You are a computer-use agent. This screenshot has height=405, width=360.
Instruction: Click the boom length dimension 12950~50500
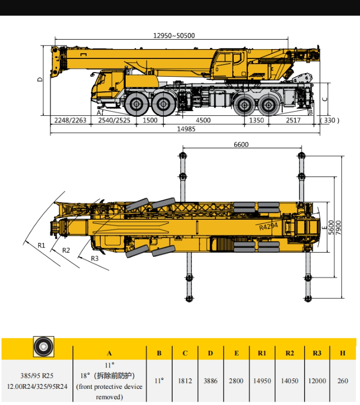tap(174, 35)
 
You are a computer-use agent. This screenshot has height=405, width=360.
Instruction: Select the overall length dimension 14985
tap(186, 129)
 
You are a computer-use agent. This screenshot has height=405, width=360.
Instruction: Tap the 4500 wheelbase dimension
tap(203, 121)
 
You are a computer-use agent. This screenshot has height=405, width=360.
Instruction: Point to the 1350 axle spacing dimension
tap(257, 121)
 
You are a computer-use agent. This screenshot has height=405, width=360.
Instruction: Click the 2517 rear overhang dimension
tap(293, 121)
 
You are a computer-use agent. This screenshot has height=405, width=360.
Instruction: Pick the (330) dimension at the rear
tap(330, 121)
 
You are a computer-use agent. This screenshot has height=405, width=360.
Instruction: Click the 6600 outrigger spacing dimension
tap(241, 145)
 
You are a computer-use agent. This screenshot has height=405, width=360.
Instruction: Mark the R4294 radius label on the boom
tap(268, 227)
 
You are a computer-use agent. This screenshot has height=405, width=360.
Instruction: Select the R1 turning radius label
tap(41, 245)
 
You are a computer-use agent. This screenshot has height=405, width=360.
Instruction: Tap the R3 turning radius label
tap(94, 258)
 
